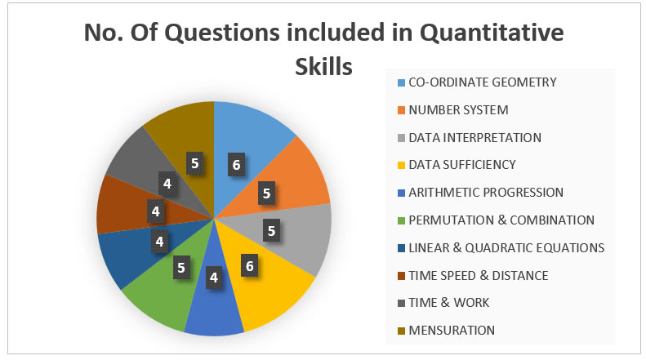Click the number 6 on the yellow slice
tap(250, 266)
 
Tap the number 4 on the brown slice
tap(156, 211)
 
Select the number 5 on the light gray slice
tap(271, 231)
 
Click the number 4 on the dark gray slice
tap(167, 184)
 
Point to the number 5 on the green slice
tap(181, 268)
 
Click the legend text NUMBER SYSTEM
tap(458, 110)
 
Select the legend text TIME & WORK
tap(448, 303)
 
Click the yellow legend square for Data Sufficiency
tap(401, 165)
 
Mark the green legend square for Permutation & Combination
tap(401, 220)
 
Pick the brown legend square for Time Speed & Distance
tap(401, 276)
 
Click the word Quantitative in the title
tap(492, 33)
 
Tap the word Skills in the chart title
tap(324, 66)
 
